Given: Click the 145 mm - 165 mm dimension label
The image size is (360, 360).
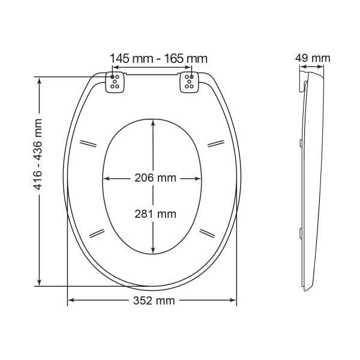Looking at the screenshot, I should (x=158, y=58).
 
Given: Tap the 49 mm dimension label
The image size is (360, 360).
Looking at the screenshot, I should (x=313, y=58).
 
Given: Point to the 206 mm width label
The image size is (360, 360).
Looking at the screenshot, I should (x=151, y=178).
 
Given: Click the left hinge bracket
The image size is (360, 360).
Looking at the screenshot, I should (x=116, y=83).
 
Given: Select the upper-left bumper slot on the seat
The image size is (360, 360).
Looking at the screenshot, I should (x=88, y=143).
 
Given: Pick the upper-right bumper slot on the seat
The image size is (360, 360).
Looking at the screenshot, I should (x=215, y=143).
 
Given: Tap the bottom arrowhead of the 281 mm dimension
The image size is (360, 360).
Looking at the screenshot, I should (x=153, y=251).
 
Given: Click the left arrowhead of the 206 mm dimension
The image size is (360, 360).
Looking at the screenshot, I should (x=108, y=178).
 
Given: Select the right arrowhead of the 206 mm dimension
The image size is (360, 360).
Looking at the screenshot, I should (x=197, y=178).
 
